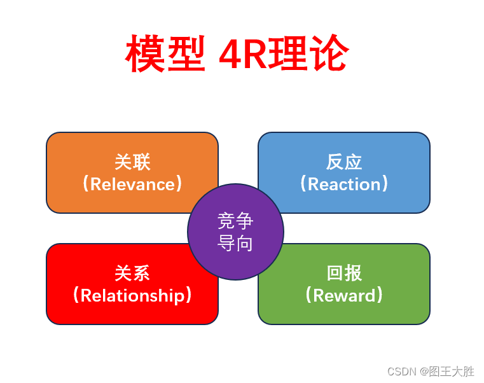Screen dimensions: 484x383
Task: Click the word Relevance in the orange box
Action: (x=132, y=184)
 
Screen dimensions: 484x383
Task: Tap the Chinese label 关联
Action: (x=132, y=162)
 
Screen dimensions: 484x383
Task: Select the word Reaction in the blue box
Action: (x=344, y=184)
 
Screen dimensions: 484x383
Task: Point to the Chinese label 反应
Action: (x=344, y=162)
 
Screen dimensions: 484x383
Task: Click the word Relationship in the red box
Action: (x=132, y=295)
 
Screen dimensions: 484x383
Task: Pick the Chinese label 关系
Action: (x=132, y=273)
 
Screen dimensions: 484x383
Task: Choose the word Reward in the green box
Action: (x=344, y=295)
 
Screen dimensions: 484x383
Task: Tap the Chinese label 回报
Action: (x=344, y=273)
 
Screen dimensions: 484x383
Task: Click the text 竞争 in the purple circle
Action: (x=235, y=221)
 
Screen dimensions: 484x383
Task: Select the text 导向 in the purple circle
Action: (x=235, y=242)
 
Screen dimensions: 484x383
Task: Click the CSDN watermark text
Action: (x=401, y=372)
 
